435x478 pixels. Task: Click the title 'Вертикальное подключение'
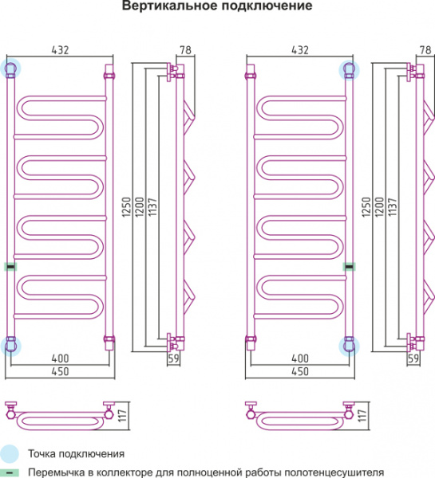[x=217, y=6]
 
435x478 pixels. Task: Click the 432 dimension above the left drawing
[x=60, y=50]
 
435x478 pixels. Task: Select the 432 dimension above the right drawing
[x=300, y=50]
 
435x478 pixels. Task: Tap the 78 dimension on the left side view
[x=185, y=49]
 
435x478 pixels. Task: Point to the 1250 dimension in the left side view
[x=126, y=207]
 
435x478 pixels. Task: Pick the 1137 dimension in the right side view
[x=393, y=207]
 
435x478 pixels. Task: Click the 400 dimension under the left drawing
[x=60, y=358]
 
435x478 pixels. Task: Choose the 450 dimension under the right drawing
[x=300, y=371]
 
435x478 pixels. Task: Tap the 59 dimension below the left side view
[x=173, y=358]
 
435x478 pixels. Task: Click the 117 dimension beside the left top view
[x=122, y=416]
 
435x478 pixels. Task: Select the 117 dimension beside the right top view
[x=362, y=416]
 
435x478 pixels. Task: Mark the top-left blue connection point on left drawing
[x=10, y=69]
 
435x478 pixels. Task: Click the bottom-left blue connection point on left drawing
[x=10, y=346]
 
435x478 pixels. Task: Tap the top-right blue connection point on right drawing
[x=349, y=69]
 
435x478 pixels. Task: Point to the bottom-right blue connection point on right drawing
[x=349, y=347]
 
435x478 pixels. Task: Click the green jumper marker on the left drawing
[x=10, y=267]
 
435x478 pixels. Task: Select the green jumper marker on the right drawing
[x=349, y=267]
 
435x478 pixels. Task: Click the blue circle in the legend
[x=9, y=453]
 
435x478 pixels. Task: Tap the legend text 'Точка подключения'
[x=77, y=454]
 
